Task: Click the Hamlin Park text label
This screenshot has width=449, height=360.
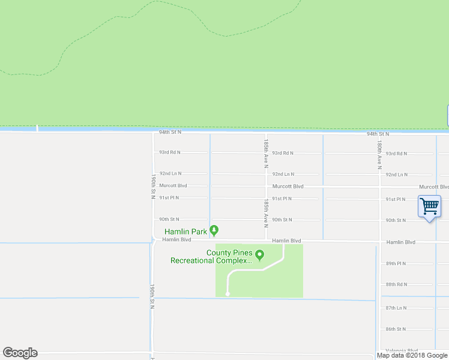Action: (x=186, y=231)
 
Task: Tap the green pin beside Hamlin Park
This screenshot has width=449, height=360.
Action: (x=214, y=230)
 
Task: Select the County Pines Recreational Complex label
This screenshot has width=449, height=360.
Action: (x=212, y=257)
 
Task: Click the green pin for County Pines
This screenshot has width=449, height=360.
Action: (x=260, y=256)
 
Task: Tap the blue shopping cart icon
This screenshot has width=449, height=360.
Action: (x=429, y=207)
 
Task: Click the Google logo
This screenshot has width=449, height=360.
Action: (x=20, y=353)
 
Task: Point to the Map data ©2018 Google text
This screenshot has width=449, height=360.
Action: (x=412, y=355)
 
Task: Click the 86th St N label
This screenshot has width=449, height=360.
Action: (x=396, y=329)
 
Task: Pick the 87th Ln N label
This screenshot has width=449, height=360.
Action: (x=396, y=308)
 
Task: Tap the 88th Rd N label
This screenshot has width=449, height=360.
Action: (x=396, y=284)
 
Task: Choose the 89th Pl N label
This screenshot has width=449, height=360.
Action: (x=396, y=263)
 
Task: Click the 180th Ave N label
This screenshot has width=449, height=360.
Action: (x=379, y=155)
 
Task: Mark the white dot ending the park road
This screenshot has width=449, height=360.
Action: (x=227, y=294)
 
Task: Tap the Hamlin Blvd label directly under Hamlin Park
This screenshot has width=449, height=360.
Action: (x=176, y=239)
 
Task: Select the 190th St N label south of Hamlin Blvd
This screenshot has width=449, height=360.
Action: (x=153, y=296)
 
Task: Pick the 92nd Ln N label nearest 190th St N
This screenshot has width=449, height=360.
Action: (x=170, y=173)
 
